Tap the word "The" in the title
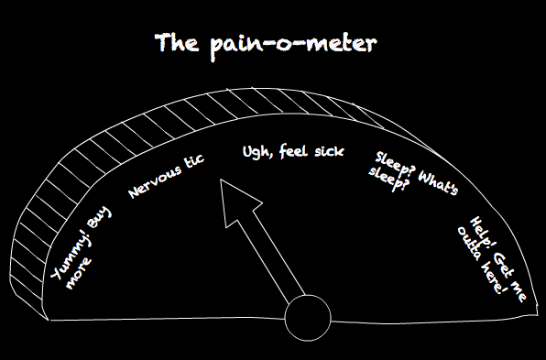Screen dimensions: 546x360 click(177, 42)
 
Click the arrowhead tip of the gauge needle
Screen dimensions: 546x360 click(221, 180)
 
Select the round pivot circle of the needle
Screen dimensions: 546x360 click(308, 318)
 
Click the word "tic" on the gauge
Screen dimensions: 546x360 click(194, 161)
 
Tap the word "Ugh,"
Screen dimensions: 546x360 click(257, 152)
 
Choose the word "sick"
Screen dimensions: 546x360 click(329, 151)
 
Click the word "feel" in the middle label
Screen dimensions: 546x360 click(293, 151)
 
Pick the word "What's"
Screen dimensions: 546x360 click(439, 182)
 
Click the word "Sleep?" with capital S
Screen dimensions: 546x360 click(395, 164)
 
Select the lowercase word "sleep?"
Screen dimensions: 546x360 click(388, 180)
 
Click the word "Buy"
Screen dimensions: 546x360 click(100, 218)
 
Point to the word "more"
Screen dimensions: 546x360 click(79, 274)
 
